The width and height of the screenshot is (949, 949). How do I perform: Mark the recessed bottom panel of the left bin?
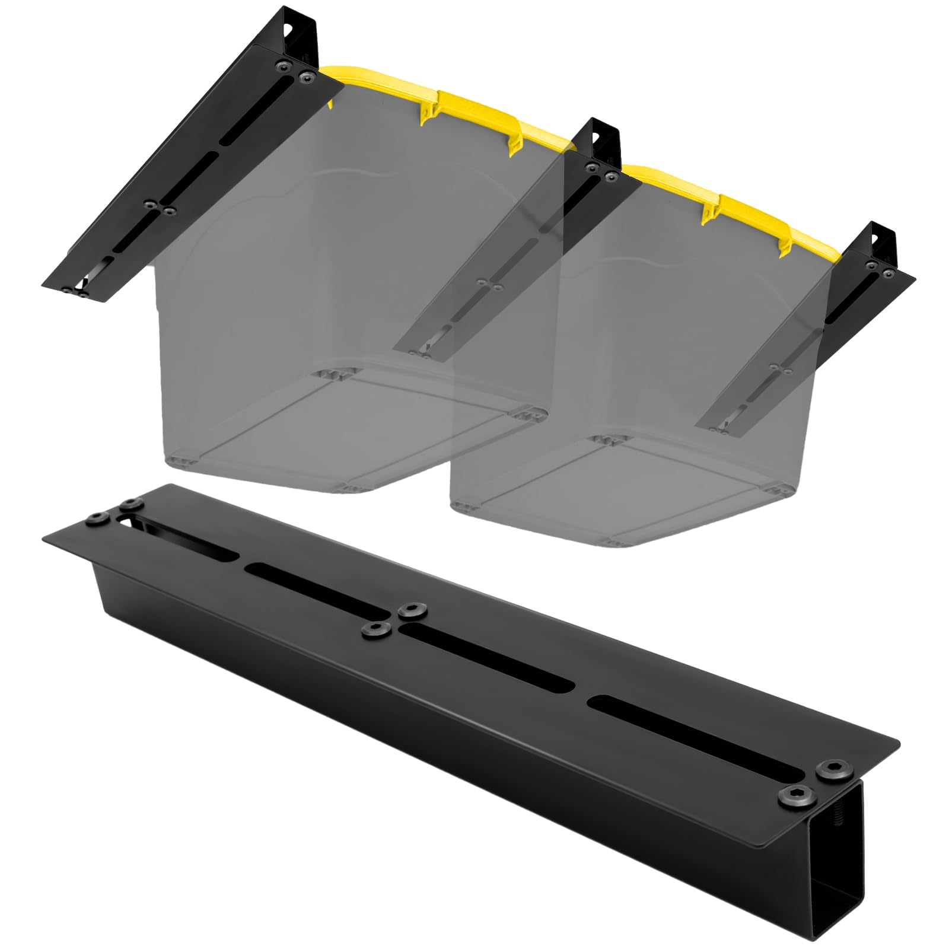350,427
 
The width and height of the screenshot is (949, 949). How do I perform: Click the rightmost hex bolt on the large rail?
827,769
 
